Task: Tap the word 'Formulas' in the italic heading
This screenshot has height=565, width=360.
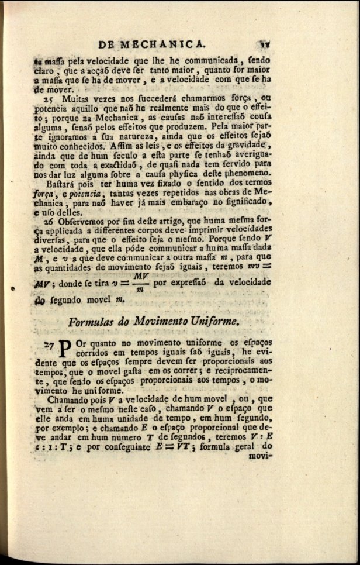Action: click(91, 322)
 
